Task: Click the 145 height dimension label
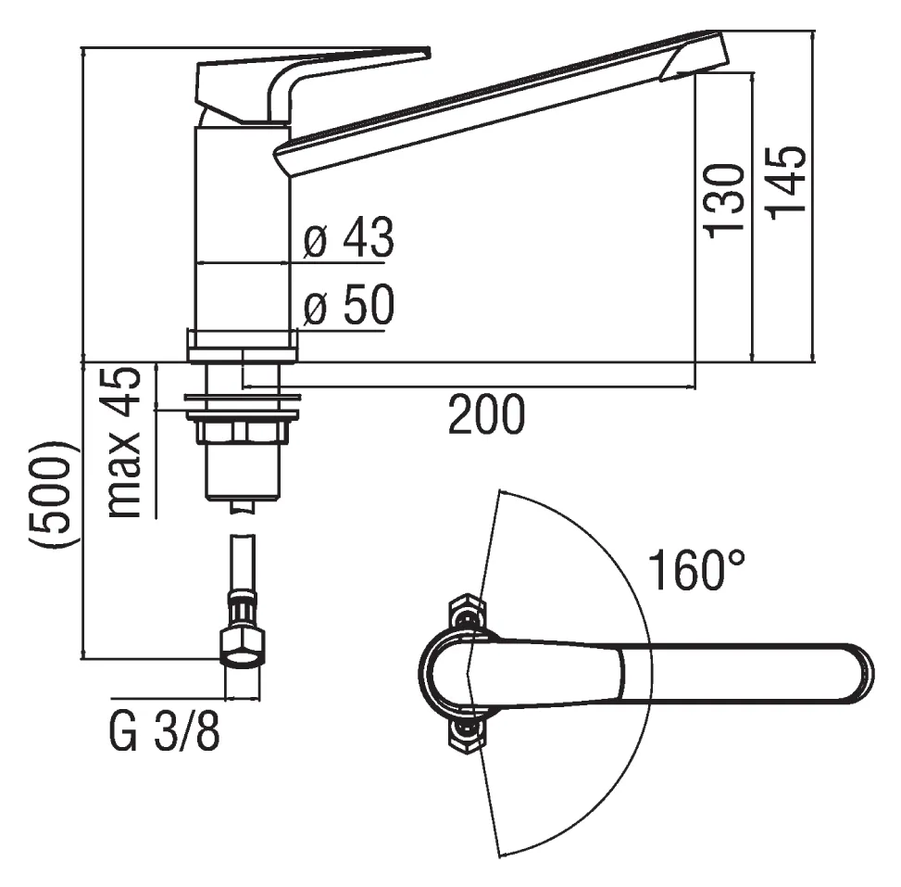787,183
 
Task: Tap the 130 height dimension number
724,201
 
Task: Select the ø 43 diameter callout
349,237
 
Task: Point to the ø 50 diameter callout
349,304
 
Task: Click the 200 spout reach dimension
486,414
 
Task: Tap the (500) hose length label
51,495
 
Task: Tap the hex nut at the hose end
242,648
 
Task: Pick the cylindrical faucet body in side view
242,230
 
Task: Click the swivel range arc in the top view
652,673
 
